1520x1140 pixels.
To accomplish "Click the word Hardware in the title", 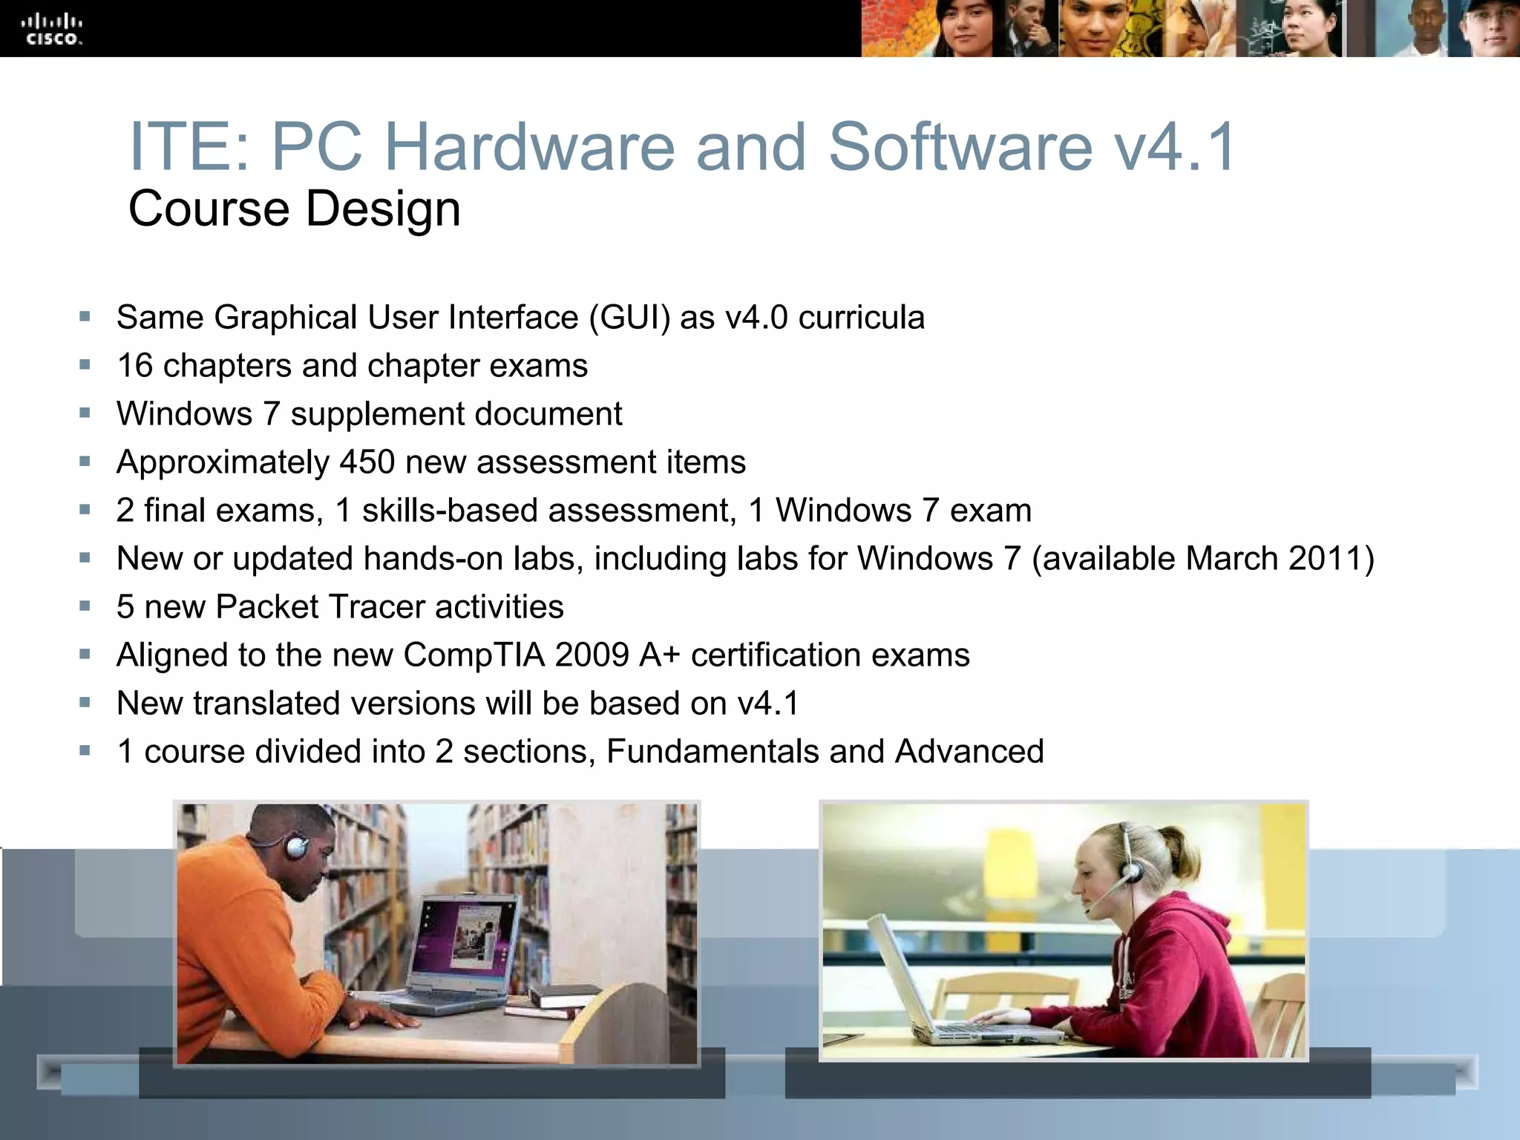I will tap(529, 146).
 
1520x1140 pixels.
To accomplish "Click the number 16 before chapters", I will tap(134, 366).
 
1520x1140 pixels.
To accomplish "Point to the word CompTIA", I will tap(474, 655).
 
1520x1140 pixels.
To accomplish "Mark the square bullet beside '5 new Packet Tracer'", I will tap(85, 606).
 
